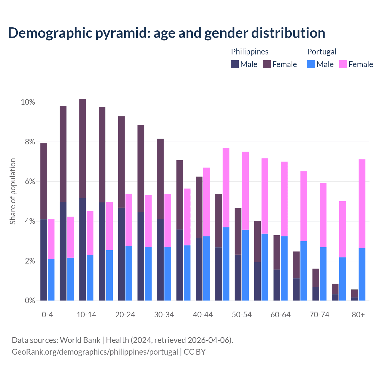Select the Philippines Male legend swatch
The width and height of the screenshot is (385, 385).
click(x=235, y=64)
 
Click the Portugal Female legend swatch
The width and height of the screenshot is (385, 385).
click(x=343, y=64)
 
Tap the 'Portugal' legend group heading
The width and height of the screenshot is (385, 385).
click(x=322, y=52)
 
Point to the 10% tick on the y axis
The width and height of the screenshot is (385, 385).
click(x=28, y=102)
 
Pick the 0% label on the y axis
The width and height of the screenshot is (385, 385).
click(x=29, y=300)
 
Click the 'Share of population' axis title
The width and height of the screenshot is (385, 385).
click(x=13, y=191)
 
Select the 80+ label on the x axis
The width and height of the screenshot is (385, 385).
click(x=358, y=315)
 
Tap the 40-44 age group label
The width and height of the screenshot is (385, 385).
click(x=203, y=315)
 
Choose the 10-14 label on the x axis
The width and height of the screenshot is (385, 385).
click(x=86, y=315)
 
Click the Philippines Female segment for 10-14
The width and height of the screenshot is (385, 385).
click(x=82, y=149)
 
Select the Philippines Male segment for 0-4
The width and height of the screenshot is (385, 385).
click(x=44, y=260)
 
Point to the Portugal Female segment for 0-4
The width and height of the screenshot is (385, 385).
click(x=51, y=239)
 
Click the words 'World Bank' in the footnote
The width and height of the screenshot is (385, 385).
click(x=80, y=340)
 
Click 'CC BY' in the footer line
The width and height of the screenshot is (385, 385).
click(x=195, y=352)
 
